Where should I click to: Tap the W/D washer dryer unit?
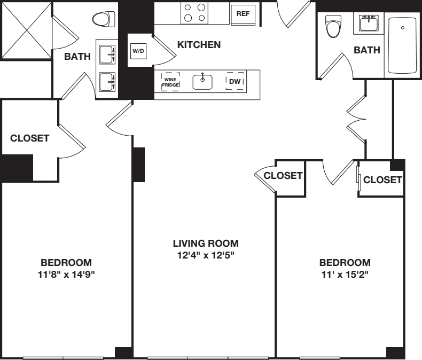(x=138, y=51)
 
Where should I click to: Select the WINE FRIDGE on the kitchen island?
(x=171, y=82)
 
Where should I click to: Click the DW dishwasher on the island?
(x=235, y=82)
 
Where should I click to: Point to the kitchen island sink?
(x=202, y=82)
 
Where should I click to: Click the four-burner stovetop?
(x=195, y=12)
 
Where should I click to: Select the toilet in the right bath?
(x=333, y=26)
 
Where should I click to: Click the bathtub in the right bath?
(x=403, y=45)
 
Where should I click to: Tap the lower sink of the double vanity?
(x=106, y=82)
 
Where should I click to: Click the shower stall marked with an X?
(x=26, y=29)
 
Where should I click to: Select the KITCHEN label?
(x=199, y=45)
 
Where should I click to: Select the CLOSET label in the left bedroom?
(x=30, y=138)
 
